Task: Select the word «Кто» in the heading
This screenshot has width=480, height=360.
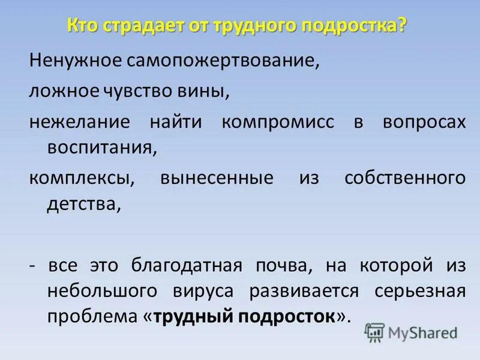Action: pyautogui.click(x=83, y=26)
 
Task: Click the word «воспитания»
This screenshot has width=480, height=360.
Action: pyautogui.click(x=102, y=148)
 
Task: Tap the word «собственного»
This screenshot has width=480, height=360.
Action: pyautogui.click(x=406, y=178)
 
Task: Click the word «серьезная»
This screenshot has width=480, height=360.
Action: pyautogui.click(x=420, y=291)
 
